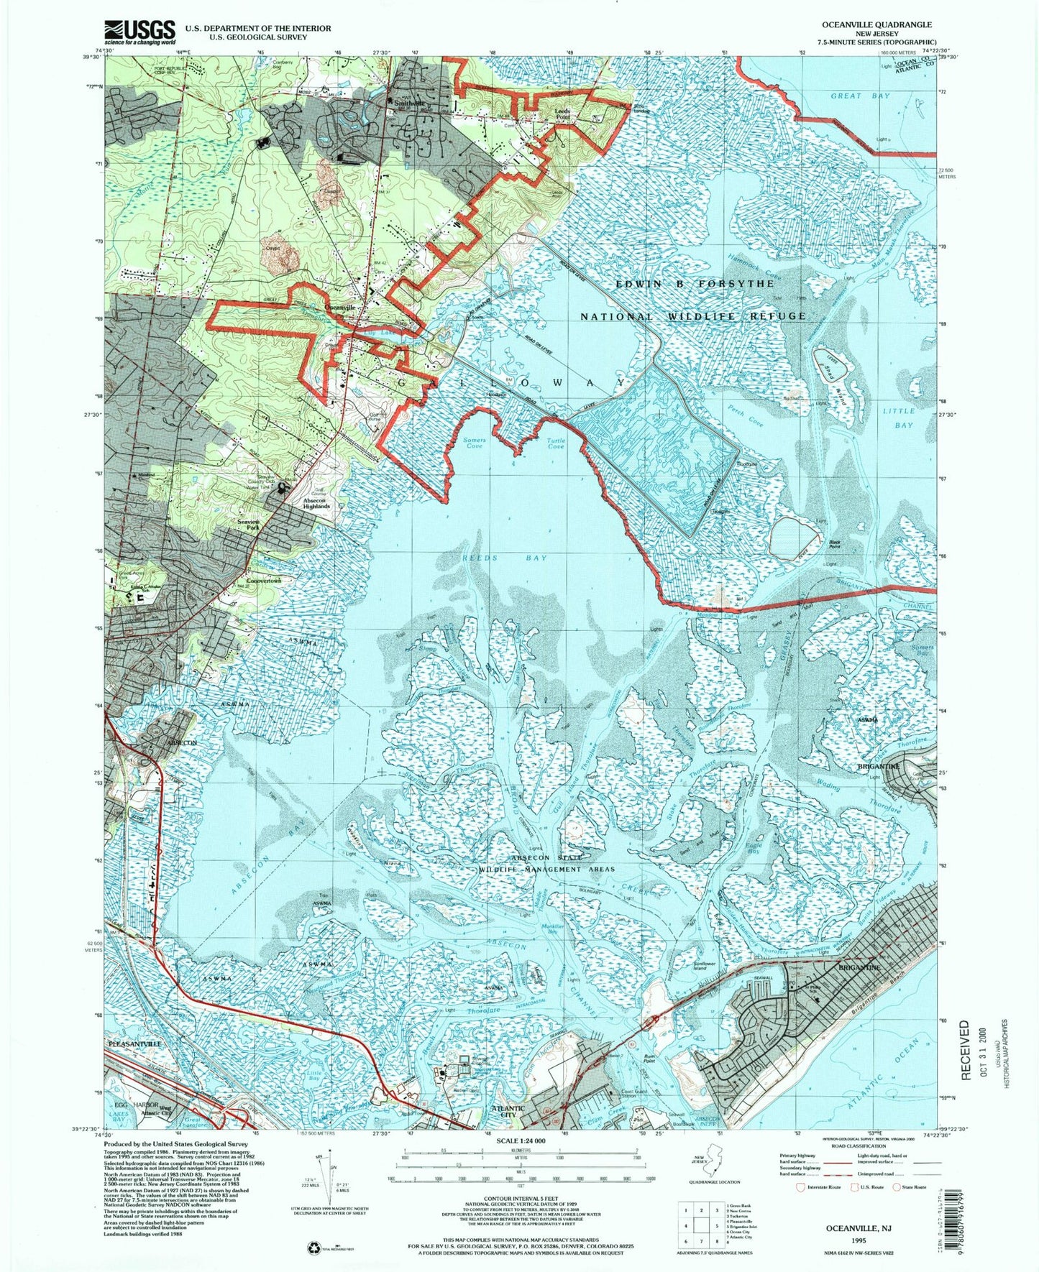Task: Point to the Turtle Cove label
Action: (x=556, y=443)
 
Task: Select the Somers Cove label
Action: (x=475, y=443)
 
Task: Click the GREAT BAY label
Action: (x=860, y=96)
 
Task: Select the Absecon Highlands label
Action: (x=314, y=502)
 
